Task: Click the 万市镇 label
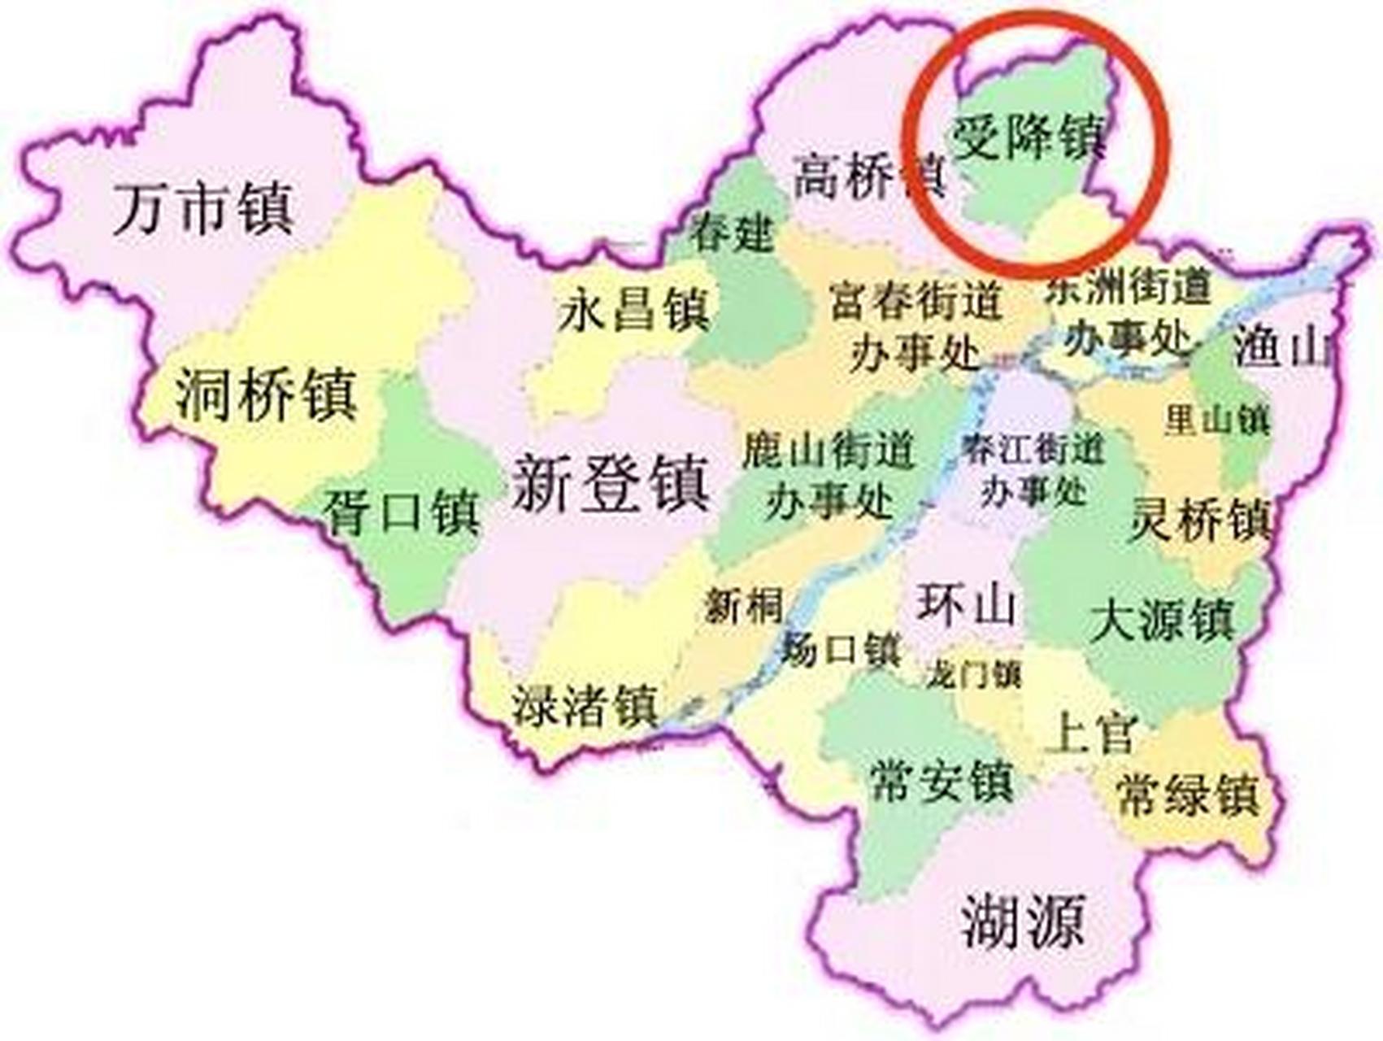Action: (x=203, y=209)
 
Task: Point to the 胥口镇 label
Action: (x=402, y=512)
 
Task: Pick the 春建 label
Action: (x=732, y=233)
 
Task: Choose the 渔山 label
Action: (x=1282, y=347)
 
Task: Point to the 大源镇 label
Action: (x=1163, y=620)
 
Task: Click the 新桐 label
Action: (x=743, y=605)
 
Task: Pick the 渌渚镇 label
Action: (x=585, y=705)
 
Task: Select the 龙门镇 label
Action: (x=972, y=674)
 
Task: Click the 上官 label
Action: (x=1090, y=733)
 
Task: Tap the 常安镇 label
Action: (x=942, y=781)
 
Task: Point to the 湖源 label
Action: (x=1023, y=921)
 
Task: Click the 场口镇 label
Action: (x=842, y=650)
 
